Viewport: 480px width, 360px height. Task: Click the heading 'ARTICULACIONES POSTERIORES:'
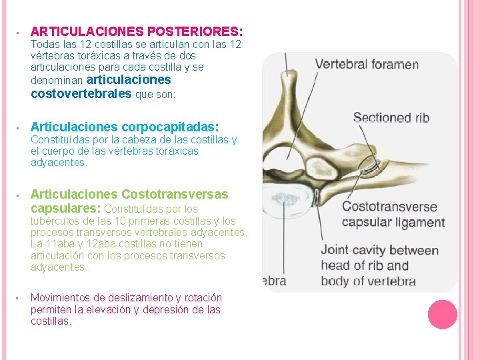tap(137, 31)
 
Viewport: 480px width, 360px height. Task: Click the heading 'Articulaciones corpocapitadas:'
tap(125, 127)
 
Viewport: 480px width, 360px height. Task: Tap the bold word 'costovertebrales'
tap(81, 93)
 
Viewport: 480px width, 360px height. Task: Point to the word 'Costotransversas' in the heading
tap(174, 194)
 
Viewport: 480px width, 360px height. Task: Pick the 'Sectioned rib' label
tap(391, 118)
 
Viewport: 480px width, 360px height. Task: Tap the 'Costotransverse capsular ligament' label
tap(392, 215)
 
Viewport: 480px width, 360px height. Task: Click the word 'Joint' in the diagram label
tap(336, 251)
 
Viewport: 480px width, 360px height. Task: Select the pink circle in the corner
tap(442, 315)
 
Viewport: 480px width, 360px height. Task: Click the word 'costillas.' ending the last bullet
tap(51, 321)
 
